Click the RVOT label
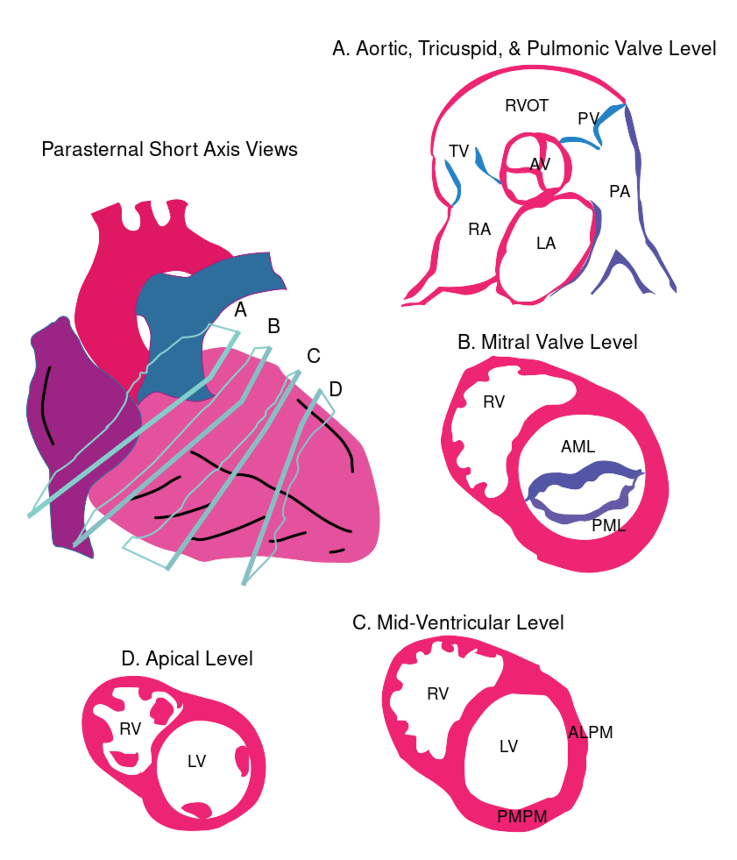coord(526,105)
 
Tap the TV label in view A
coord(458,151)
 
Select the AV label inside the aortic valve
coord(540,164)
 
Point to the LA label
coord(546,243)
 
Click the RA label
coord(479,229)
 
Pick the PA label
coord(619,191)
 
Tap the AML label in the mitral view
coord(578,446)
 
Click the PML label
coord(609,525)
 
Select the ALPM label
coord(591,732)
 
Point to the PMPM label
coord(522,817)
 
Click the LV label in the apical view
coord(196,761)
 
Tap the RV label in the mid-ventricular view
coord(438,694)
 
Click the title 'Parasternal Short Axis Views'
coord(170,149)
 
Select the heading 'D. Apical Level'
coord(187,658)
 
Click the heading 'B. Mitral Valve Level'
coord(547,342)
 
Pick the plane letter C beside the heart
coord(314,356)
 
